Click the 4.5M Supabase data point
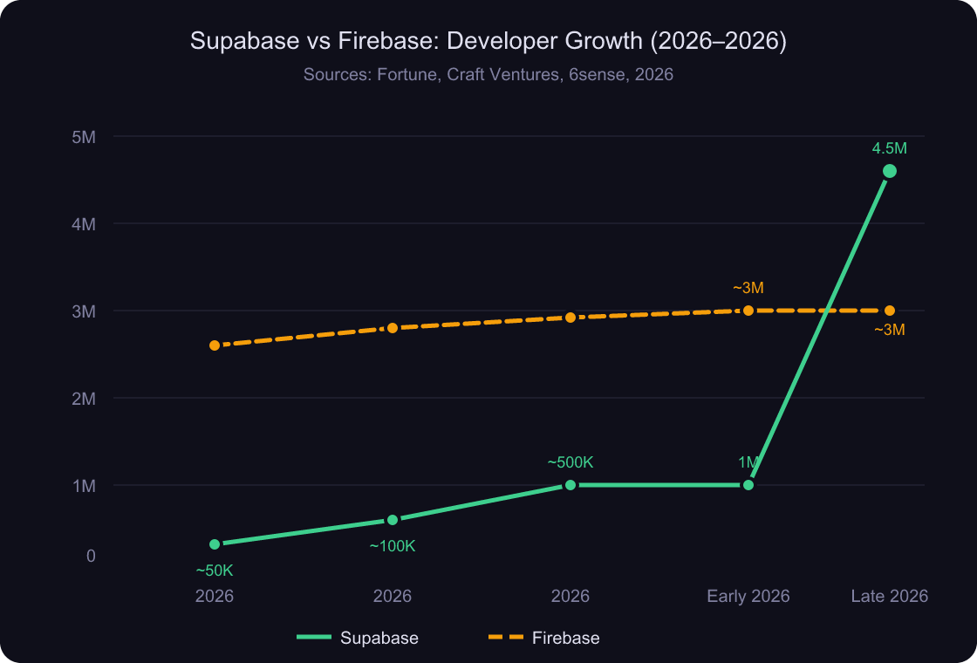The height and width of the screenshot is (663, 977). (890, 171)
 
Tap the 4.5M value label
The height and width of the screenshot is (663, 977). (890, 148)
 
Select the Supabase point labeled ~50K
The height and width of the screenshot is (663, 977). (215, 544)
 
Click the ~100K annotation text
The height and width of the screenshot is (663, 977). (393, 546)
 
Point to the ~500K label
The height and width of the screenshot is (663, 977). (570, 462)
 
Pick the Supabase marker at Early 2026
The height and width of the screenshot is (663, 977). (748, 485)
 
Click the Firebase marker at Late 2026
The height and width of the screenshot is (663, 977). (890, 311)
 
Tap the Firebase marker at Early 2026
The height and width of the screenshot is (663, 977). (748, 311)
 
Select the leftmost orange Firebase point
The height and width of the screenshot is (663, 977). (215, 345)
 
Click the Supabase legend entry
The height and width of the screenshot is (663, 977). (359, 638)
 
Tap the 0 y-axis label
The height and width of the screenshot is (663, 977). (91, 556)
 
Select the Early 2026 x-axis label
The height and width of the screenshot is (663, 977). (748, 597)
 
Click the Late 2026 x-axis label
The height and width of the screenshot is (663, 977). (889, 597)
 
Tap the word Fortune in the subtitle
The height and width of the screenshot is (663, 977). (407, 75)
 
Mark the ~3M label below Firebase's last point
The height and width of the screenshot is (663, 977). (890, 330)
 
